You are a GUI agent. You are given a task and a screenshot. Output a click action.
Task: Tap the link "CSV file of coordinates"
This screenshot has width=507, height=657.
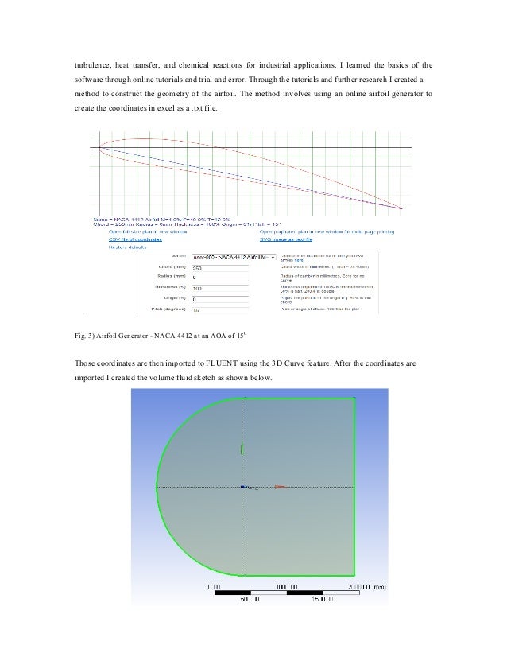(x=135, y=239)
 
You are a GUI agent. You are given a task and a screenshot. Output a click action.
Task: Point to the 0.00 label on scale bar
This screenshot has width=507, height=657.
(x=215, y=585)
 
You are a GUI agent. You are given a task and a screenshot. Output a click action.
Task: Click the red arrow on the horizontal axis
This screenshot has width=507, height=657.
(x=280, y=488)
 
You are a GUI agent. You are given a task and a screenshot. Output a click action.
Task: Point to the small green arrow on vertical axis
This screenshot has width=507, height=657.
(x=242, y=449)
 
